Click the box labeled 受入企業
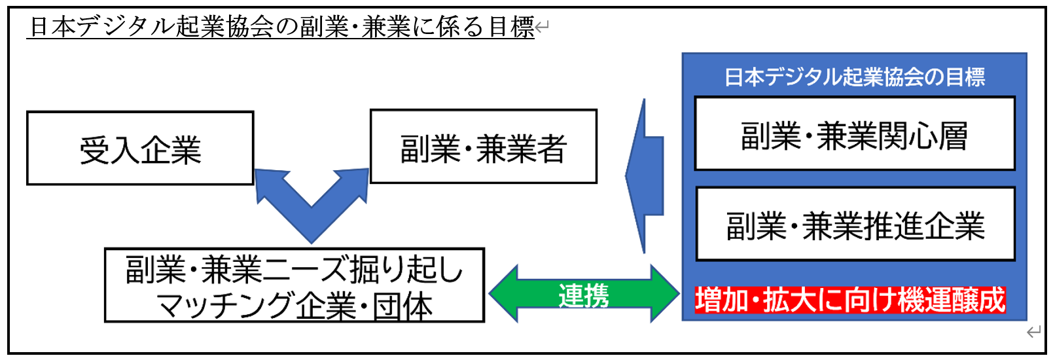coord(140,149)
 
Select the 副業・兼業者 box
coord(483,147)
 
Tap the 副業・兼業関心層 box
coord(854,134)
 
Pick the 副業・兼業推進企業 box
coord(855,225)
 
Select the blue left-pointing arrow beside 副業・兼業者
coord(645,175)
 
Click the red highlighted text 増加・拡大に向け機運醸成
coord(849,300)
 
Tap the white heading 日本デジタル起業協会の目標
coord(854,77)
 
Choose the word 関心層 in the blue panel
coord(929,135)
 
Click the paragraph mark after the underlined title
coord(542,27)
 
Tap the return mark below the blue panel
coord(1033,332)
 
